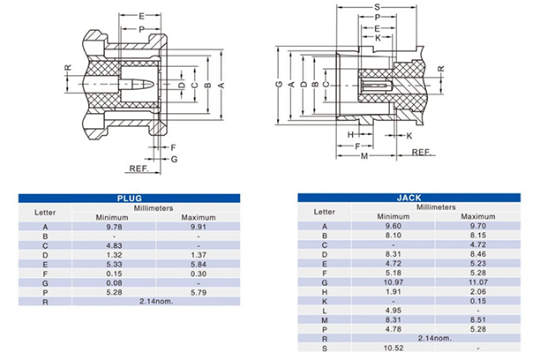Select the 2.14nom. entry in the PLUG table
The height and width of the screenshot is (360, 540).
[150, 302]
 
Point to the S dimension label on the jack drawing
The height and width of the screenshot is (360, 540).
[377, 7]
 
